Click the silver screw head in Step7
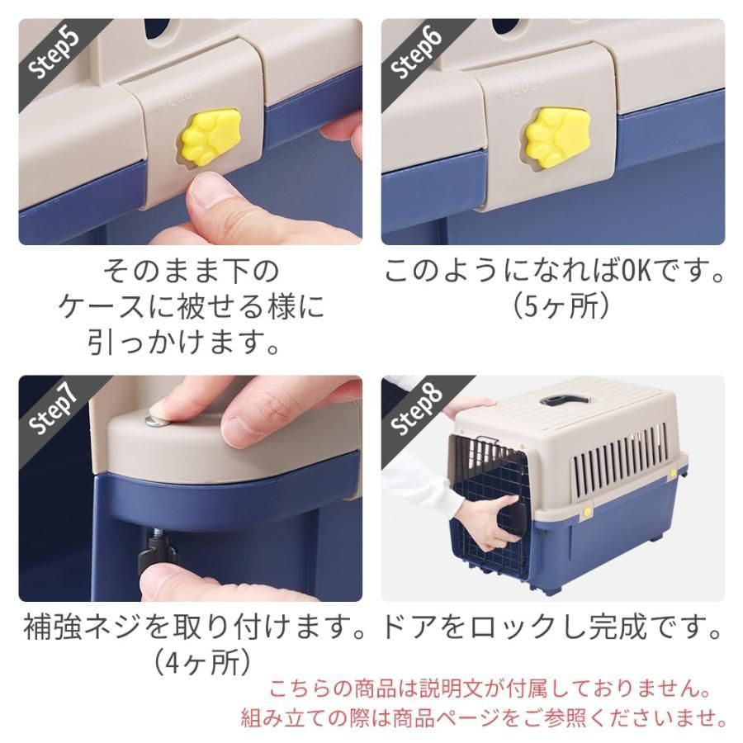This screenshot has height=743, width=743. click(155, 421)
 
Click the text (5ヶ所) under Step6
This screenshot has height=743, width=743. click(561, 306)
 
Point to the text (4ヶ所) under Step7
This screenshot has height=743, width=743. click(203, 662)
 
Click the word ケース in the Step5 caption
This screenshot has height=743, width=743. click(101, 306)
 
